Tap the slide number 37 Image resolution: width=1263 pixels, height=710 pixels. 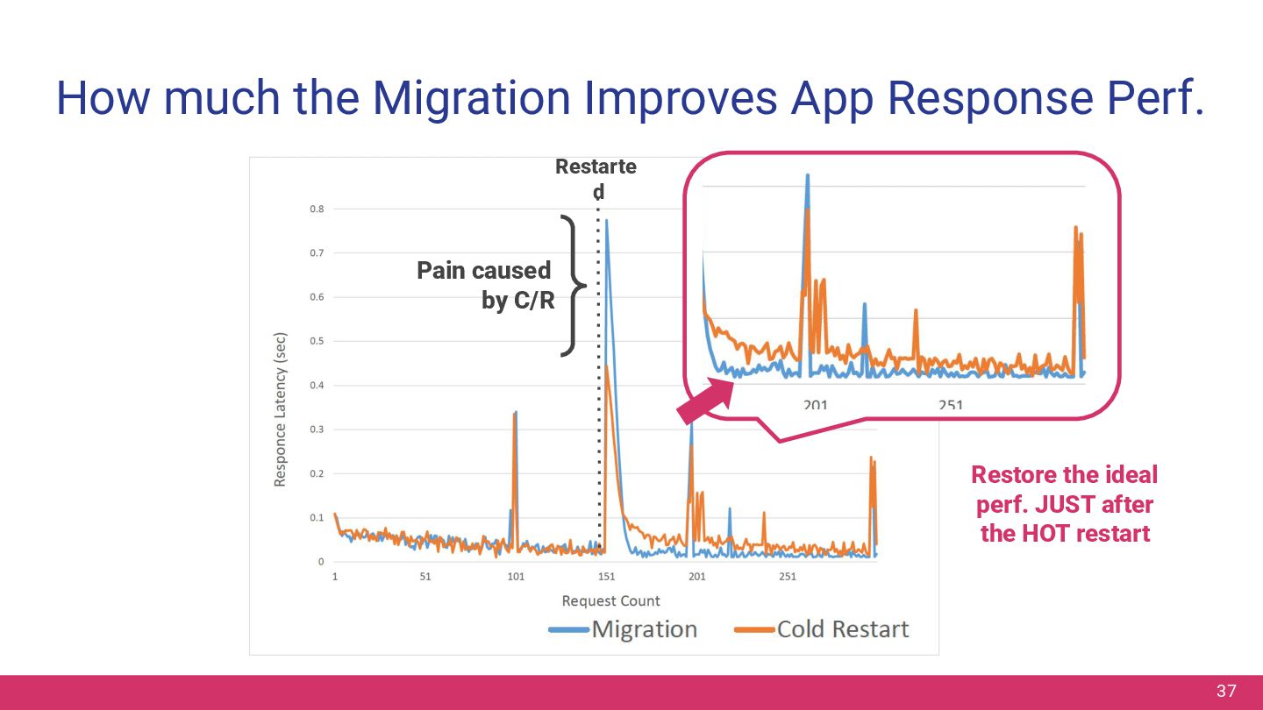pos(1225,692)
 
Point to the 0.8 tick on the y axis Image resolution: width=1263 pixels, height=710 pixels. pos(316,209)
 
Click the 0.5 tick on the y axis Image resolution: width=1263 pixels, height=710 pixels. pos(316,342)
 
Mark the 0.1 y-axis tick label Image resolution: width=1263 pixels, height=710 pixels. pos(316,518)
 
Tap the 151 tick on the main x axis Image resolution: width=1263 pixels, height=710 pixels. pos(606,577)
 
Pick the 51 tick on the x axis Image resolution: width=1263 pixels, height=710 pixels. pos(425,577)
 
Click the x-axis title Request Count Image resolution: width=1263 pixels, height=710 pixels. pos(610,601)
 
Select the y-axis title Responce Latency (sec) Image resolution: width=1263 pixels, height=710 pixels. pos(281,409)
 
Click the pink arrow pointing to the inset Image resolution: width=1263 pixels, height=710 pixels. pos(706,404)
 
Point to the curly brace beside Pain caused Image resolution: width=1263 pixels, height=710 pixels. pos(572,286)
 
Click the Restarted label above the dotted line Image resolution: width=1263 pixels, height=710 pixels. pos(596,178)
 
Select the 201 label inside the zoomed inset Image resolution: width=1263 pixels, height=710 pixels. pos(815,405)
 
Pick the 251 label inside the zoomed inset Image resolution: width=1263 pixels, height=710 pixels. pos(950,405)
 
